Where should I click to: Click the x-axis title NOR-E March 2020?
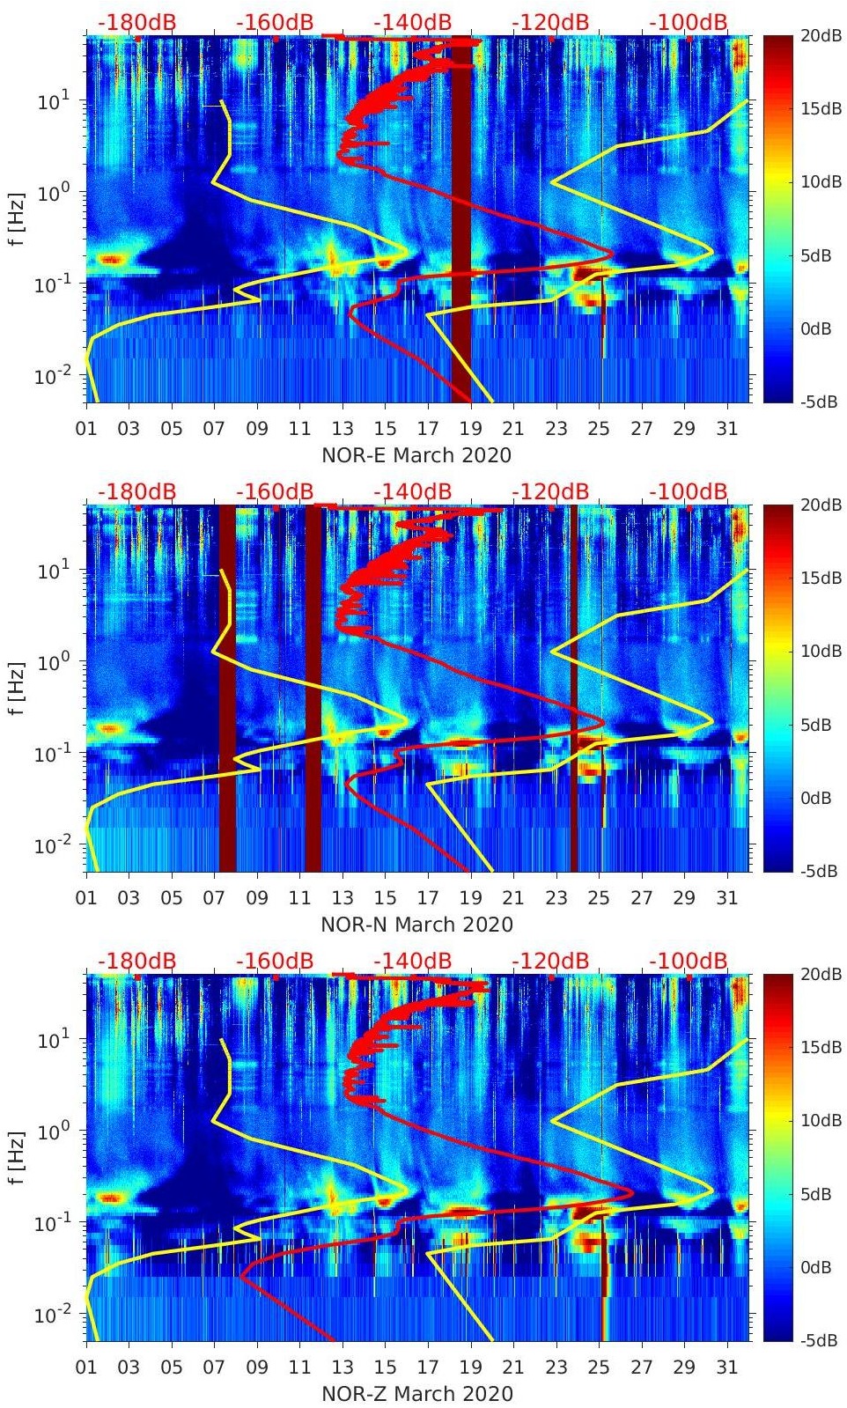tap(416, 455)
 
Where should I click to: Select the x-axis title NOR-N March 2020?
tap(416, 925)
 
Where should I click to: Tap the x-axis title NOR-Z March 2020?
tap(416, 1394)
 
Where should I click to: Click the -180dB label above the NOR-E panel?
tap(136, 22)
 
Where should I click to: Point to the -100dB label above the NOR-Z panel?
tap(689, 961)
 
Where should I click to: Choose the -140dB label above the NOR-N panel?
tap(412, 491)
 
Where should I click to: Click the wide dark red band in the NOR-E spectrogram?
tap(461, 220)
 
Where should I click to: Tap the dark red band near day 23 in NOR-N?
tap(574, 687)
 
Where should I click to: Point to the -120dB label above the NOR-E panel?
tap(550, 22)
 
